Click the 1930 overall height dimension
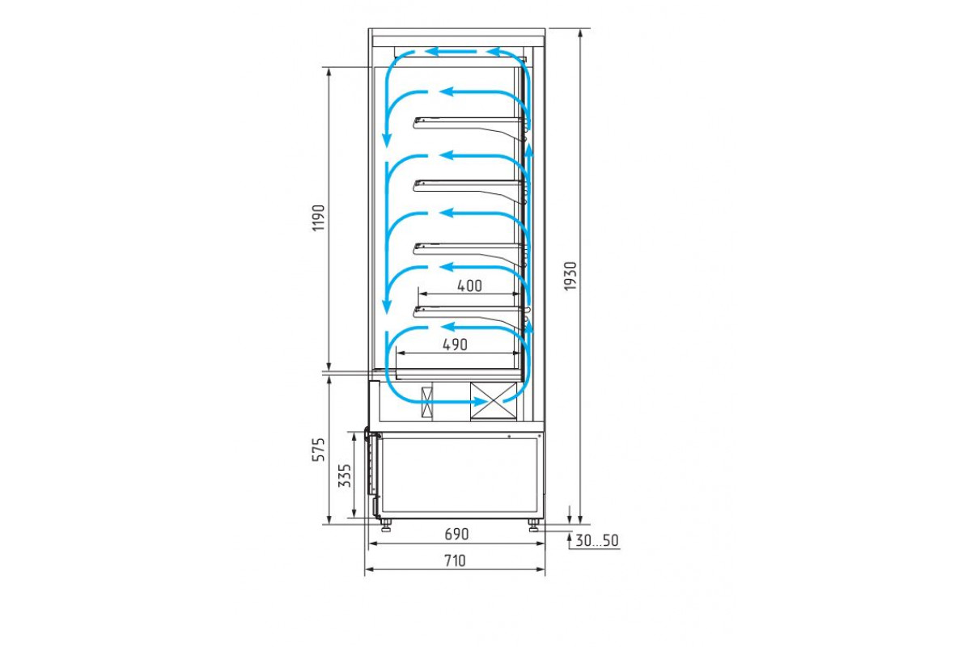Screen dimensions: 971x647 tap(570, 277)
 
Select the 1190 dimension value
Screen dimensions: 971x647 tap(319, 218)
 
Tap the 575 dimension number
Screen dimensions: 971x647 tap(319, 450)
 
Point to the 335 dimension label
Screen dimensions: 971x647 tap(345, 476)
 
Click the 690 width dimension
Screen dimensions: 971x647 tap(456, 535)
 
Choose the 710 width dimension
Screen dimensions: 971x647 tap(455, 560)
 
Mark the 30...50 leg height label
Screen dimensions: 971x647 tap(597, 540)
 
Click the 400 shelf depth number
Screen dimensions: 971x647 tap(469, 285)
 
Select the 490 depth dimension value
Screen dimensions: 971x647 tap(455, 345)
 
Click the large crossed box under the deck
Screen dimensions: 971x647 tap(494, 401)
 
